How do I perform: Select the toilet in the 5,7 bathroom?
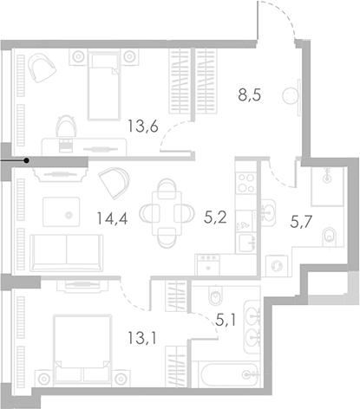[x=327, y=235]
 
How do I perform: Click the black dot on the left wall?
[x=27, y=160]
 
